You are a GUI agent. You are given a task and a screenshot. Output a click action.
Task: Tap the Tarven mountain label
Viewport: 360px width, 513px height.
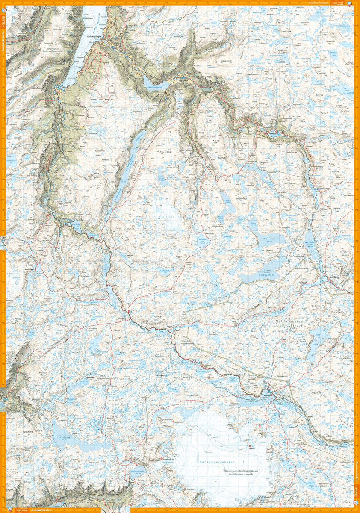(96, 186)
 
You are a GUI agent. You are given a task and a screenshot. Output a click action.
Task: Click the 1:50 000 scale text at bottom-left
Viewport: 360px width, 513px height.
(22, 510)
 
